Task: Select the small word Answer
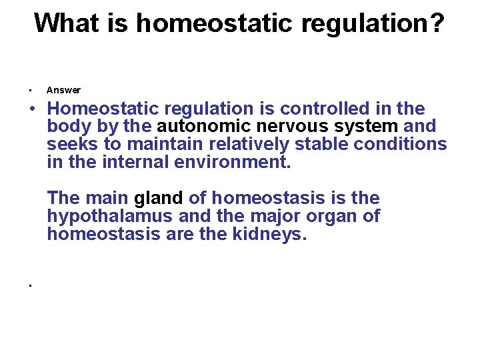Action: (x=63, y=90)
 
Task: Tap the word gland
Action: (x=159, y=199)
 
